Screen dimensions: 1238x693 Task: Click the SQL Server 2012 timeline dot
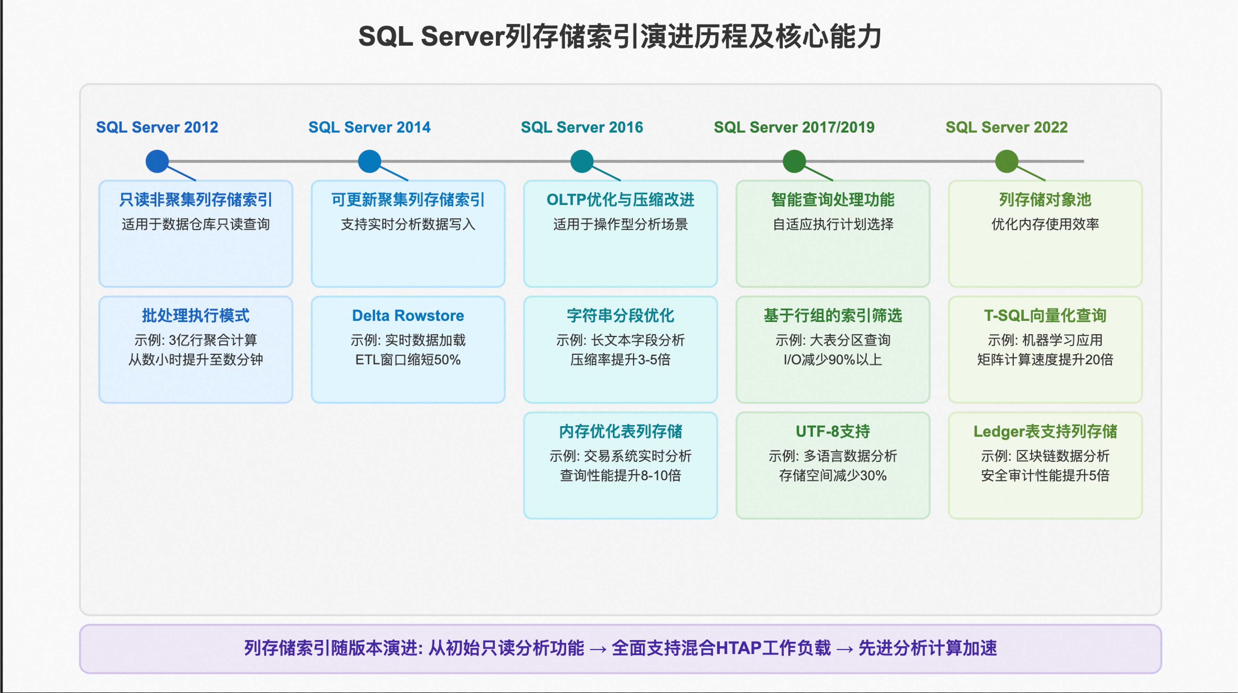[157, 161]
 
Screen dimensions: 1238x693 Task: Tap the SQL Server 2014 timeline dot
[369, 161]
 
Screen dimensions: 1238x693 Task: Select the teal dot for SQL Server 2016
[582, 161]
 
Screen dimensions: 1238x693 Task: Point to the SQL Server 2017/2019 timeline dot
[794, 161]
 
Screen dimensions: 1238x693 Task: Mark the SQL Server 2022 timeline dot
[1007, 161]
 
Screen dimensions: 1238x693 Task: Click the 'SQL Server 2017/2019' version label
[794, 127]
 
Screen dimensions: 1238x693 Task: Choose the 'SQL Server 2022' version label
[1006, 127]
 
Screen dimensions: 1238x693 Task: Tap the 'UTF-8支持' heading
[833, 432]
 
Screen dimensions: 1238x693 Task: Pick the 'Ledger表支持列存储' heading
[1045, 432]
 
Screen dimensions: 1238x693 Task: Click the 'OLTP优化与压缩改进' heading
[620, 200]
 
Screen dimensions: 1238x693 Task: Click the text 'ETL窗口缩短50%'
[408, 360]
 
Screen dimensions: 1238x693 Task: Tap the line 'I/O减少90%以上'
[833, 360]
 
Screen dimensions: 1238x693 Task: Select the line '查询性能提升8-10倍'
[620, 475]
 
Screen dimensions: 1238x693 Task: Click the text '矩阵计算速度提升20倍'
[1045, 360]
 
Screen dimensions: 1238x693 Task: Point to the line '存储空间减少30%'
[833, 475]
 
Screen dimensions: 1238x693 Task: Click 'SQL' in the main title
[386, 37]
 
